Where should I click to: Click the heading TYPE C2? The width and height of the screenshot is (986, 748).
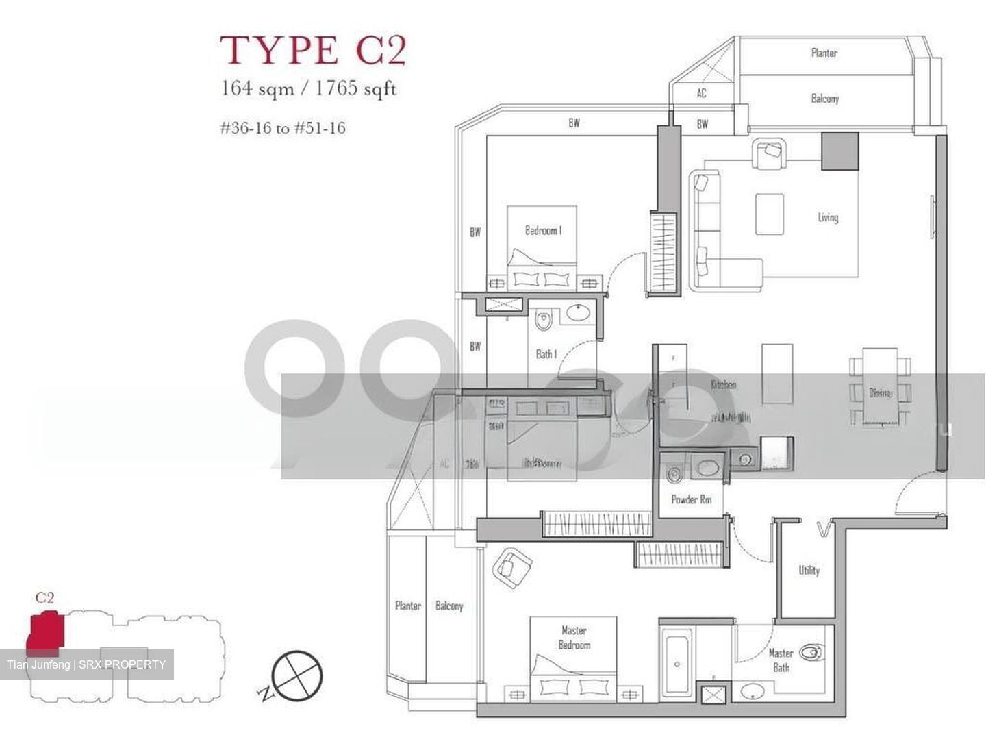click(313, 49)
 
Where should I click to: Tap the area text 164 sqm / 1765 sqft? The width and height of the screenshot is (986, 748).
click(308, 89)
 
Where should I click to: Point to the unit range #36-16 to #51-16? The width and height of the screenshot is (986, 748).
click(282, 127)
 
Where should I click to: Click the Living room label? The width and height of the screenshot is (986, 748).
click(828, 217)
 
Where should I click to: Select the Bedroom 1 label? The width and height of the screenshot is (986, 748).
click(543, 231)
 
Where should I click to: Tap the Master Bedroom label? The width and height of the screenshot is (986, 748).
click(574, 638)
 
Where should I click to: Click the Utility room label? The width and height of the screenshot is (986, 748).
click(809, 570)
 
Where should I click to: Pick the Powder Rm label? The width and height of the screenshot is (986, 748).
click(691, 499)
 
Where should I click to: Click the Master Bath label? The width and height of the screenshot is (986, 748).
click(781, 660)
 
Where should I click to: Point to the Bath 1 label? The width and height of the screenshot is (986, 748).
click(546, 354)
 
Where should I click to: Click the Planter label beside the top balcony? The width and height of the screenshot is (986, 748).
click(824, 53)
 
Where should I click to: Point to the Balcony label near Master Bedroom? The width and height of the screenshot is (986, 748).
click(449, 606)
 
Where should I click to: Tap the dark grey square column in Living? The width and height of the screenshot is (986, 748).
click(840, 151)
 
